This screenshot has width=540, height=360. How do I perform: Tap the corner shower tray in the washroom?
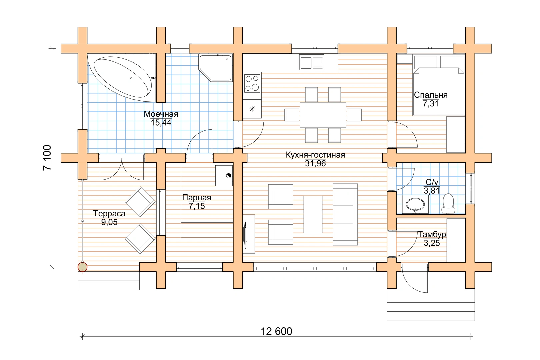point(216,68)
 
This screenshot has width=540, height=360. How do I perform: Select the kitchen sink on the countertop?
point(311,62)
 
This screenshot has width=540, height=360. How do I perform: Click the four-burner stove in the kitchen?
point(252,83)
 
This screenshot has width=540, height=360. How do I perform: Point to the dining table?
point(323,115)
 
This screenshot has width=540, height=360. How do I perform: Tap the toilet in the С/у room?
point(448,203)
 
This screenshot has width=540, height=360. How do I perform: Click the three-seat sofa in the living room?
point(345,214)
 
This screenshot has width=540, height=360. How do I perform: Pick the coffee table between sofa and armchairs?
point(313,214)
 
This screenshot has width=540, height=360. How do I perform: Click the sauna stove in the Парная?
point(224,176)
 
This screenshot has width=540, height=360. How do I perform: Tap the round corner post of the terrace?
point(82,267)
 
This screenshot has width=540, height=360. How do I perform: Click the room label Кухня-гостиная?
point(315,155)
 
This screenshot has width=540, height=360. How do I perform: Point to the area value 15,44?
point(161,123)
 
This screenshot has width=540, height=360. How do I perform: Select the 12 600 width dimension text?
point(277,331)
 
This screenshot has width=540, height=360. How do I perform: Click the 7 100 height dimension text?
point(47,158)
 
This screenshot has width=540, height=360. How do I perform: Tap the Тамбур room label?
point(432,234)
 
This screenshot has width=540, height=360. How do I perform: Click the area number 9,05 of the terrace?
point(109,222)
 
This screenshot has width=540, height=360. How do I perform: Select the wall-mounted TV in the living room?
point(246,234)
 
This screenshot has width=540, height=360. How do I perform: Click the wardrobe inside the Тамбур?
point(456,240)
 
